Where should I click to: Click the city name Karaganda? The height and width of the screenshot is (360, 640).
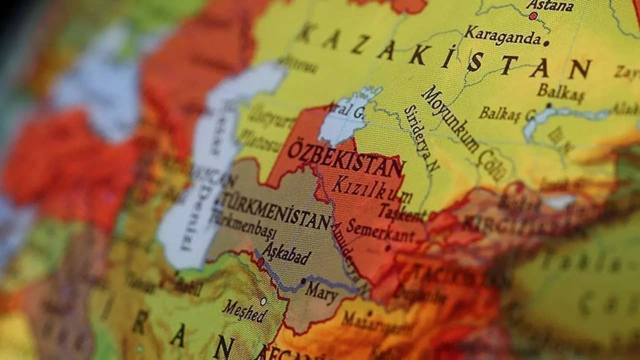tap(502, 35)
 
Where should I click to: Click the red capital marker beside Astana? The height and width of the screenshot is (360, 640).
tap(533, 16)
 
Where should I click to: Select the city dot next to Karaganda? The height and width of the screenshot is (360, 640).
tap(546, 43)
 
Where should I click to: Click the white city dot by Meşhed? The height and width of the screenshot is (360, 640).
tap(263, 301)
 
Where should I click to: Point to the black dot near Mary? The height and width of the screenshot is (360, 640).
tap(303, 281)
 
